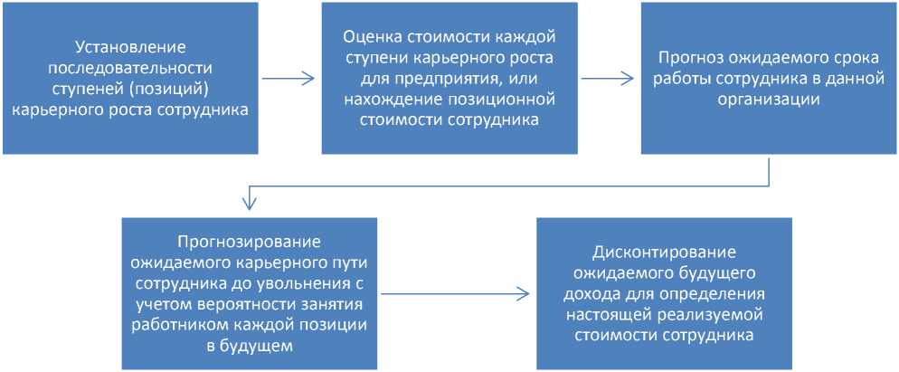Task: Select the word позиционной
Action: (x=497, y=100)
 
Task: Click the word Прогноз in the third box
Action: (x=685, y=56)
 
